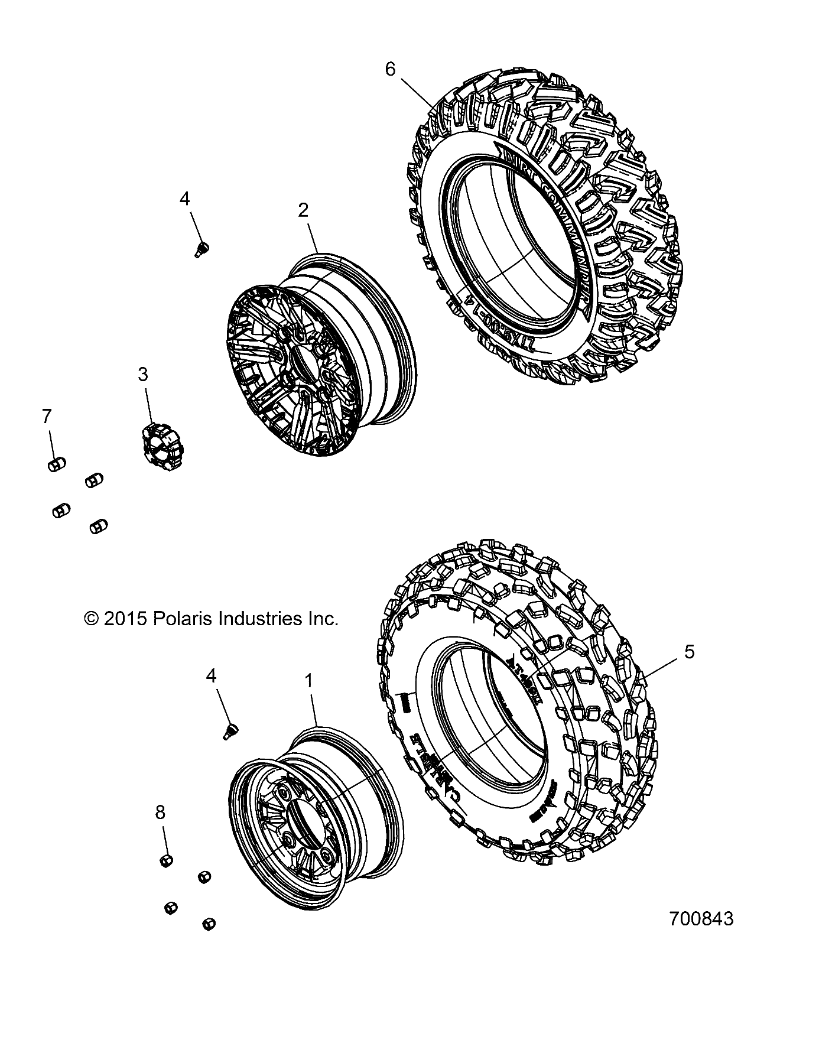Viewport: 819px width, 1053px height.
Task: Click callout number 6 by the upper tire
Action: (390, 70)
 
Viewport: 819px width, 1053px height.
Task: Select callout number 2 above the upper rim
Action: (303, 210)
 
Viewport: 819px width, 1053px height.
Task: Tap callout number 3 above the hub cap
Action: (143, 375)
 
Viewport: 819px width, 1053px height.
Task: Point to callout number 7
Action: (47, 417)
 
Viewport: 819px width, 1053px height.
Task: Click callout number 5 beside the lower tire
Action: (689, 652)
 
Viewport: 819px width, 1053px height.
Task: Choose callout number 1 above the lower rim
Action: (308, 681)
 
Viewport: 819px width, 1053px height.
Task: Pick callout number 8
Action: (160, 812)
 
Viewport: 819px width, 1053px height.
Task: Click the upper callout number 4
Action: (185, 200)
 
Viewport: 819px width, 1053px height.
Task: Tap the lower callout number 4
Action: (211, 675)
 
